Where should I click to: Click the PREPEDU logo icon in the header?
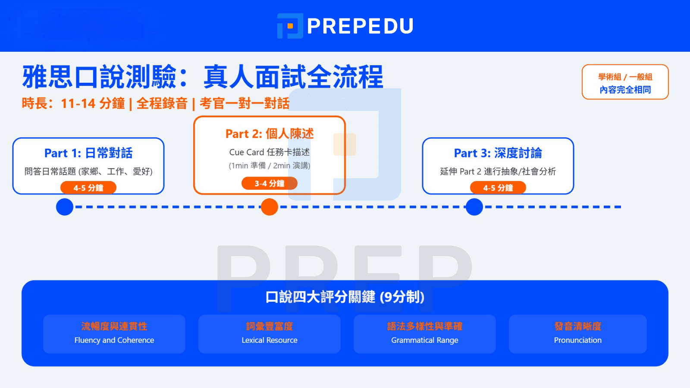click(x=289, y=26)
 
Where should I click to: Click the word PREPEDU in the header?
click(x=360, y=26)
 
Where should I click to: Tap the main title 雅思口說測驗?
click(x=99, y=77)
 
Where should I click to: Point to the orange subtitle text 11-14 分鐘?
click(x=93, y=103)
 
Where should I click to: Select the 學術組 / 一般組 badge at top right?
click(x=625, y=82)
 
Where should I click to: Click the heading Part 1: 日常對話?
click(x=88, y=153)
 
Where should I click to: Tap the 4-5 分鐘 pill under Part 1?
click(x=88, y=188)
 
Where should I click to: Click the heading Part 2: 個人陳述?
click(x=270, y=134)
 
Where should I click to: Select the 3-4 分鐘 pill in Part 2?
click(x=270, y=184)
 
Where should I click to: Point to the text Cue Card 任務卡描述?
click(x=270, y=152)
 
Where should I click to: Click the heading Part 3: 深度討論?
click(x=498, y=153)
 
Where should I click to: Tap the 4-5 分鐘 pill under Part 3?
click(x=498, y=188)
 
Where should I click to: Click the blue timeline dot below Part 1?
click(x=65, y=207)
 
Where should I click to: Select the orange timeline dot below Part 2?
click(x=270, y=207)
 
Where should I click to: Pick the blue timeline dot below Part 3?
click(x=474, y=207)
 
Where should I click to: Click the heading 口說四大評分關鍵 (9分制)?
click(x=345, y=297)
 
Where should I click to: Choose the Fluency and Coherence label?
click(x=114, y=340)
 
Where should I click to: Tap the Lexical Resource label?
click(x=270, y=340)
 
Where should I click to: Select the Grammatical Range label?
click(x=425, y=340)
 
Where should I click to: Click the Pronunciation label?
click(x=578, y=340)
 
